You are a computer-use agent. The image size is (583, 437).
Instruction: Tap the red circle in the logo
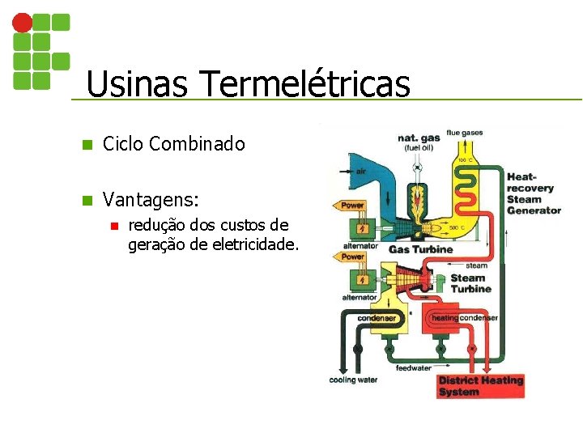(23, 22)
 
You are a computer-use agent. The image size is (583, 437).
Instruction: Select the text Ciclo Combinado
(173, 144)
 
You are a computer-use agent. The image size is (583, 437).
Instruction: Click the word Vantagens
(151, 198)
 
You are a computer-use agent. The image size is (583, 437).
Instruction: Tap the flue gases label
(464, 133)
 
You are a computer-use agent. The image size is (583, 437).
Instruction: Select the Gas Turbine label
(421, 249)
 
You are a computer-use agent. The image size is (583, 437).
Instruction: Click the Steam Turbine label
(470, 283)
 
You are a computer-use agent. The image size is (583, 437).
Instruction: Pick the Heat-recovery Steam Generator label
(533, 193)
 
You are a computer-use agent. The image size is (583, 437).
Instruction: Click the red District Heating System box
(481, 386)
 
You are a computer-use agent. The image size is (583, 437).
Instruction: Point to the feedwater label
(413, 368)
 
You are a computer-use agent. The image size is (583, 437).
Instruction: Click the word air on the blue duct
(360, 172)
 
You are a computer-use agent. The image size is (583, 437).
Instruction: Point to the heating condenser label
(464, 318)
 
